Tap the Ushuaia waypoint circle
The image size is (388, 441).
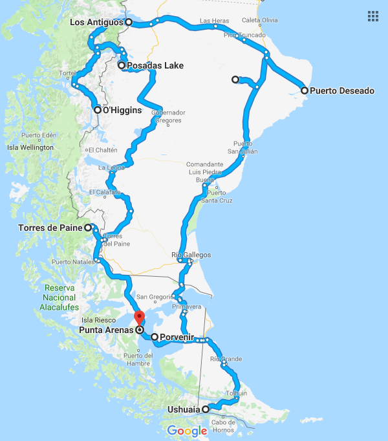tap(206, 409)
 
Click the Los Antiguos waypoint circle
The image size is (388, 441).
tap(129, 22)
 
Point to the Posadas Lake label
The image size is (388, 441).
tap(155, 65)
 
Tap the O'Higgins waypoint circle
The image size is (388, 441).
tap(98, 110)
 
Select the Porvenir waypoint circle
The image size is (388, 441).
tap(154, 337)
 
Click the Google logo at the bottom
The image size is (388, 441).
tap(187, 431)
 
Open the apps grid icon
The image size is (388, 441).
tap(372, 16)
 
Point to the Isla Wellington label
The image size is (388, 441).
tap(30, 147)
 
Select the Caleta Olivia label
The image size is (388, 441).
tap(261, 21)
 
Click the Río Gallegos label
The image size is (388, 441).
tap(191, 255)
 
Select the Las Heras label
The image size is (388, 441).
tap(213, 21)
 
